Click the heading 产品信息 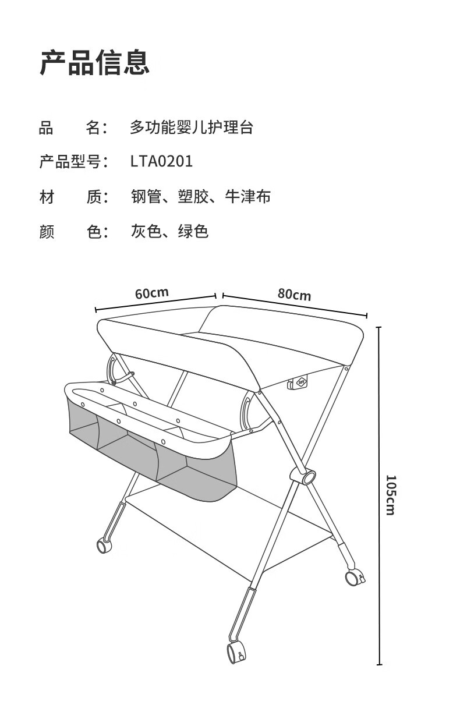[94, 62]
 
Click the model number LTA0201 [161, 161]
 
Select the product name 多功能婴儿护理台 [192, 127]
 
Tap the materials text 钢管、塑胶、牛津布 [201, 196]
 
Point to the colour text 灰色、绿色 [169, 231]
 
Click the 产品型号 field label [70, 161]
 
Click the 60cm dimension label [151, 293]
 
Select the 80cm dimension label [295, 295]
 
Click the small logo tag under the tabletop [298, 382]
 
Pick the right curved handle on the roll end [246, 413]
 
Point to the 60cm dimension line [155, 303]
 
